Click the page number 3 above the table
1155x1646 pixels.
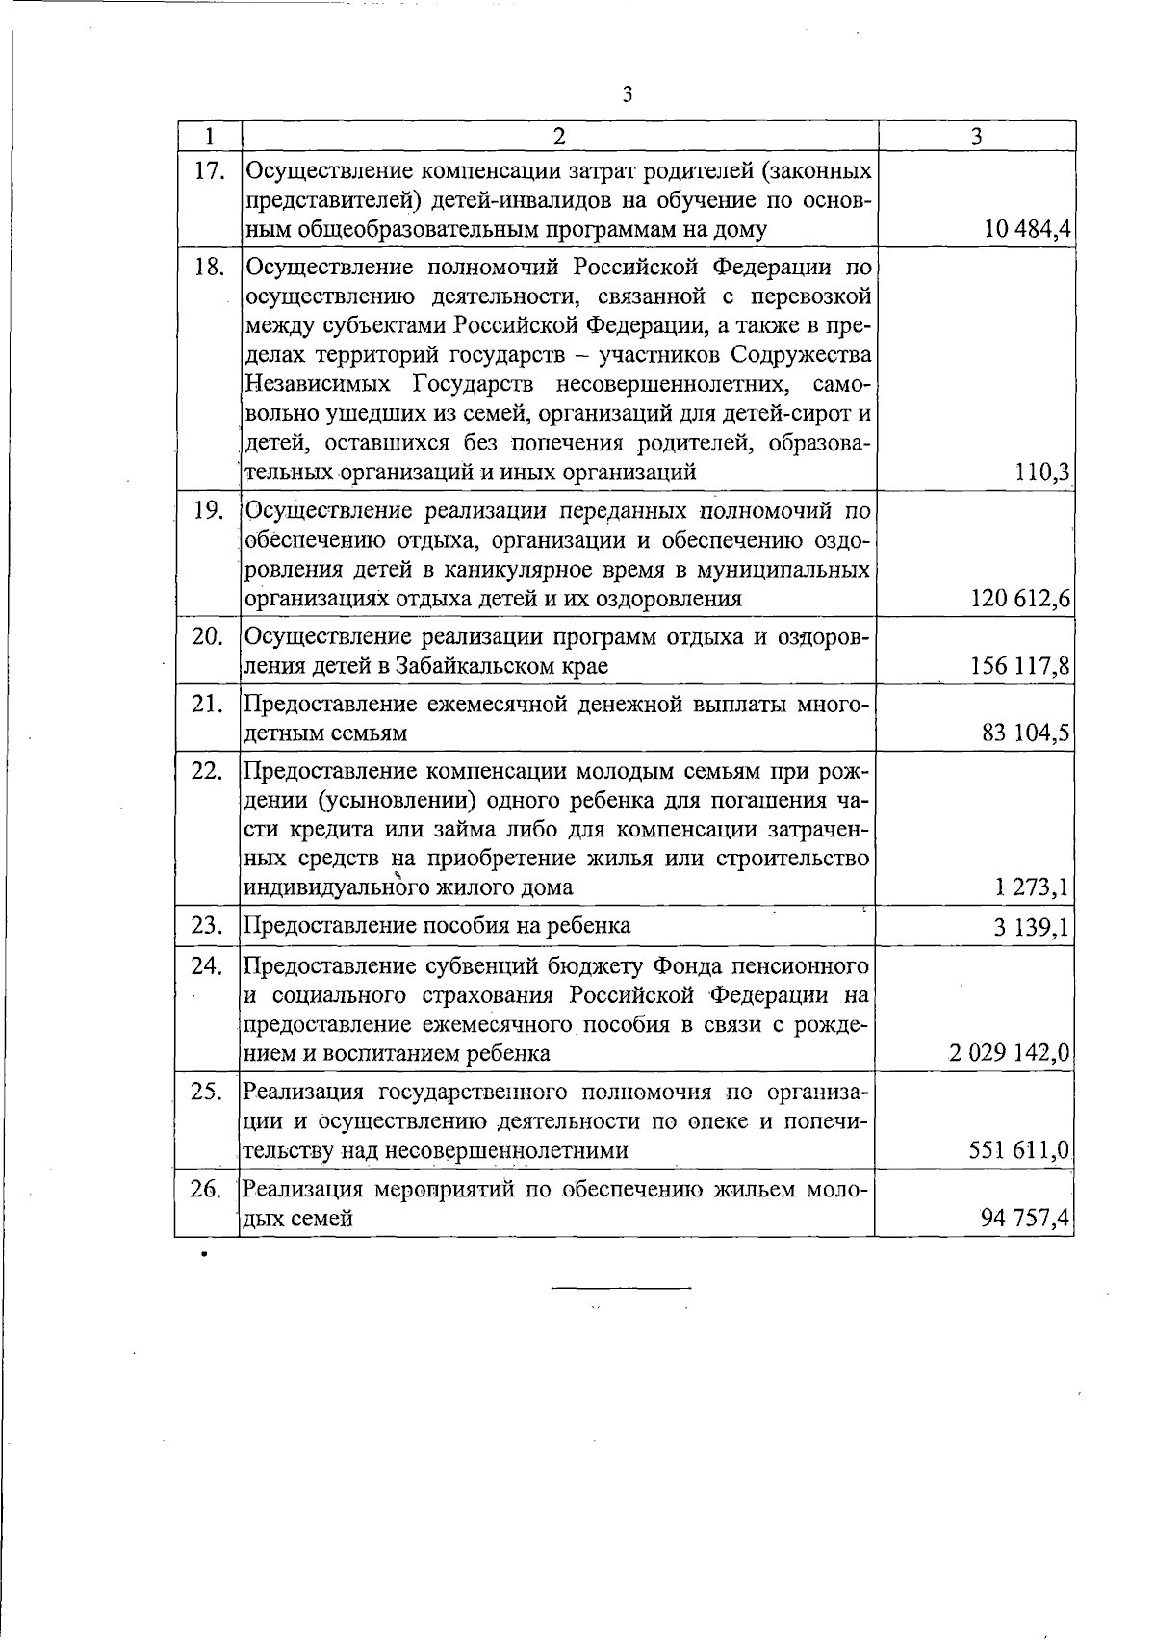(x=628, y=94)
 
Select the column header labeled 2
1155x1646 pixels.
(x=559, y=136)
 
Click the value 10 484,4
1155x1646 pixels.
(x=1028, y=230)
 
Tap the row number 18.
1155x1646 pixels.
(x=209, y=268)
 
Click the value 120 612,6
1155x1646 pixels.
(x=1021, y=600)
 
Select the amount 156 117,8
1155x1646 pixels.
(x=1021, y=667)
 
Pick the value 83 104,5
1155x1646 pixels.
(x=1026, y=734)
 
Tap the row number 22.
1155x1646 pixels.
(x=208, y=771)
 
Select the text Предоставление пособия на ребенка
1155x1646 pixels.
(x=437, y=926)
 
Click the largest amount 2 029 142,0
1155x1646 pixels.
(x=1009, y=1054)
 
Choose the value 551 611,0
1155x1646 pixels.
(x=1021, y=1151)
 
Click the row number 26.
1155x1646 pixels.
(x=208, y=1190)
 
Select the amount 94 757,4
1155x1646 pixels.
(x=1025, y=1220)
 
